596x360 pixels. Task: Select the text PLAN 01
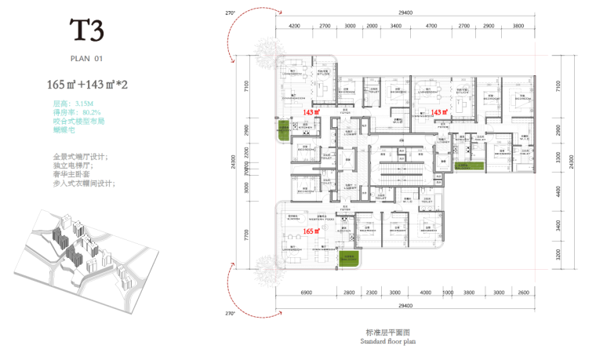(x=87, y=58)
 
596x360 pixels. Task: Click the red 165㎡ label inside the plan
(x=311, y=231)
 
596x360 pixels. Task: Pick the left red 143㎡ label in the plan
(x=311, y=112)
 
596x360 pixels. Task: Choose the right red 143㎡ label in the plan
(x=441, y=112)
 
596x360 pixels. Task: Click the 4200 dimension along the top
(x=295, y=26)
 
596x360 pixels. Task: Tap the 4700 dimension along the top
(x=431, y=26)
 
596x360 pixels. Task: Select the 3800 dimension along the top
(x=518, y=26)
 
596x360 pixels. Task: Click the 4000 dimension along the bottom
(x=425, y=292)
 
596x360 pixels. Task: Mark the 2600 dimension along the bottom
(x=524, y=292)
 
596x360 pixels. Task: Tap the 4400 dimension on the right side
(x=558, y=191)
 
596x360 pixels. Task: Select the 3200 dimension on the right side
(x=558, y=256)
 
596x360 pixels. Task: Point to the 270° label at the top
(x=230, y=13)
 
